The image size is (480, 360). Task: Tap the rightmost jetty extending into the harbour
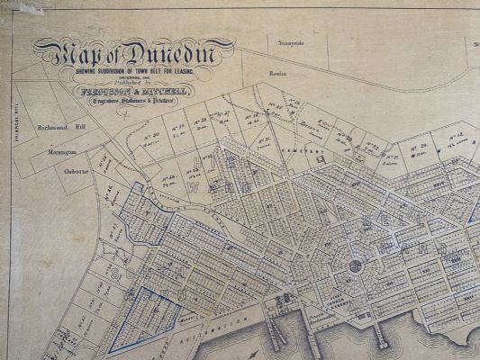[x=381, y=337]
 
